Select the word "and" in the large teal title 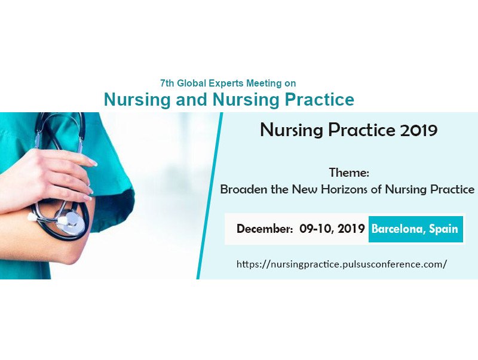pos(191,99)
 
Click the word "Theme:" pos(350,173)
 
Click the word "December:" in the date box pos(265,229)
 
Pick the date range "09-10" pos(315,229)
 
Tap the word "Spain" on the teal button pos(443,229)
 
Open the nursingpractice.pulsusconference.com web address pos(342,264)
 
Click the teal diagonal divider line pos(210,196)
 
